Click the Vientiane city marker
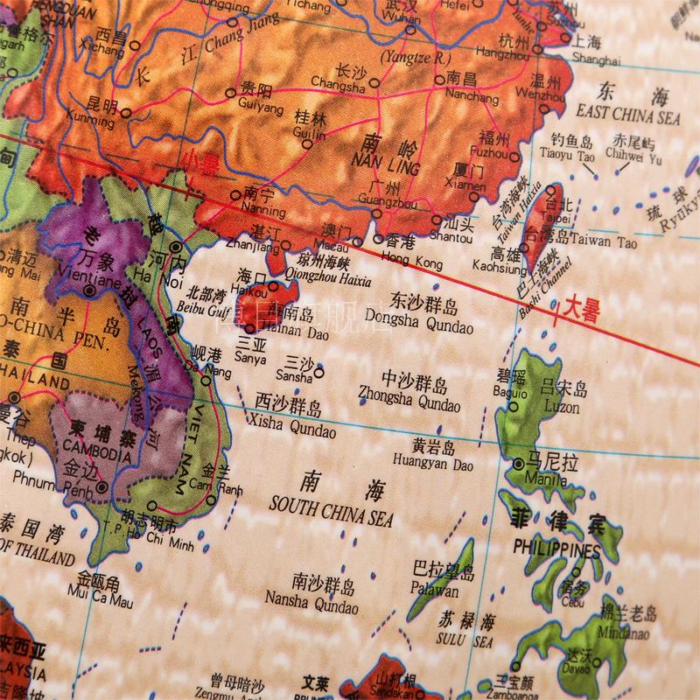[x=90, y=290]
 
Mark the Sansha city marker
[x=318, y=372]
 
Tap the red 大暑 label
[x=580, y=311]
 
